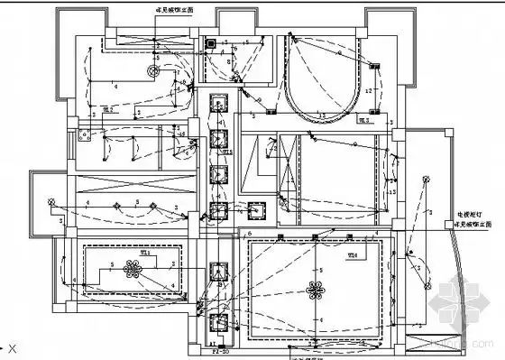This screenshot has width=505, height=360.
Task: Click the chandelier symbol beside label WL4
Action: [x=317, y=291]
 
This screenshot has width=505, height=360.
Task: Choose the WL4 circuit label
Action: [x=353, y=255]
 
